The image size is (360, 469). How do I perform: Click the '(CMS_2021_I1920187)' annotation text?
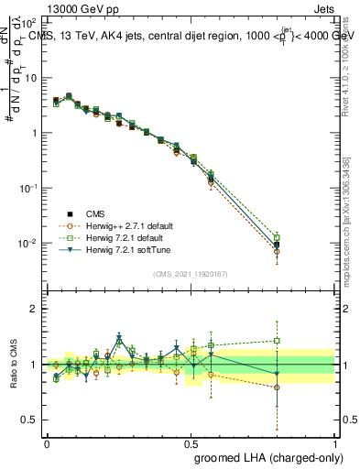[x=190, y=274]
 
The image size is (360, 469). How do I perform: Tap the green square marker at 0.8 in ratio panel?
[x=278, y=341]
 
